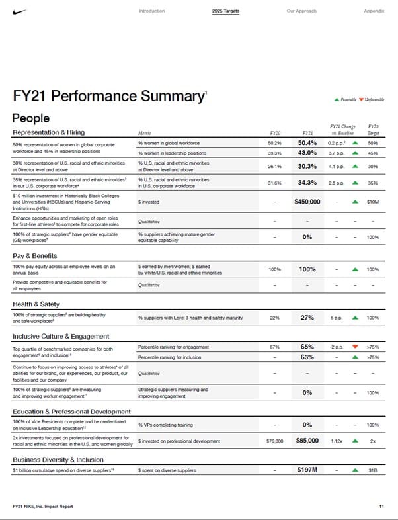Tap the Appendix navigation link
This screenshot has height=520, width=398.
click(374, 11)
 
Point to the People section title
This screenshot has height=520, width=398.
click(30, 118)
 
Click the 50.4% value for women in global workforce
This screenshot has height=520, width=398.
click(307, 142)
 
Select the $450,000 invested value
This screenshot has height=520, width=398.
click(307, 202)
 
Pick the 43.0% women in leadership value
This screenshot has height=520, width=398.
click(307, 153)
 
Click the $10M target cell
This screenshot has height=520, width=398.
click(373, 202)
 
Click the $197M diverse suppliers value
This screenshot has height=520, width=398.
click(307, 470)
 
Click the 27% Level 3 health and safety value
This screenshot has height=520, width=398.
click(307, 318)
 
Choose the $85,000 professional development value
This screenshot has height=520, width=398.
click(307, 440)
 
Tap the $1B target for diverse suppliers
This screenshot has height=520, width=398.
click(373, 470)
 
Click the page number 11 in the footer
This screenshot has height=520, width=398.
click(381, 506)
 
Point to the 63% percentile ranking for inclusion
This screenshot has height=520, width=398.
click(307, 357)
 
